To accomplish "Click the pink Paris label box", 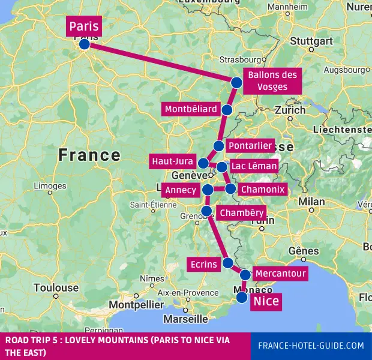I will [83, 26].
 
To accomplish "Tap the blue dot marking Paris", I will [85, 44].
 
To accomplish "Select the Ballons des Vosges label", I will [272, 80].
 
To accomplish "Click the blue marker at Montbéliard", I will [227, 110].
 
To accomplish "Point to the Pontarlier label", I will [250, 146].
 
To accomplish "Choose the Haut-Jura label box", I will [172, 161].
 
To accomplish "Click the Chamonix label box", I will [262, 190].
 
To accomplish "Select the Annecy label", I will [181, 190].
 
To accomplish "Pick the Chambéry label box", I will [241, 213].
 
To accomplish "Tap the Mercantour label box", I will [280, 274].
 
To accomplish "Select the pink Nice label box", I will [265, 301].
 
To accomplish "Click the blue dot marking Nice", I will [242, 296].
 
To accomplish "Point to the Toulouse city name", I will [56, 287].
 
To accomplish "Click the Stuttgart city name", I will [311, 41].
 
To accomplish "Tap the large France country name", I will [89, 155].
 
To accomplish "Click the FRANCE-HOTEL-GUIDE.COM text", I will [310, 346].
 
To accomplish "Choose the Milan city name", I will [311, 201].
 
